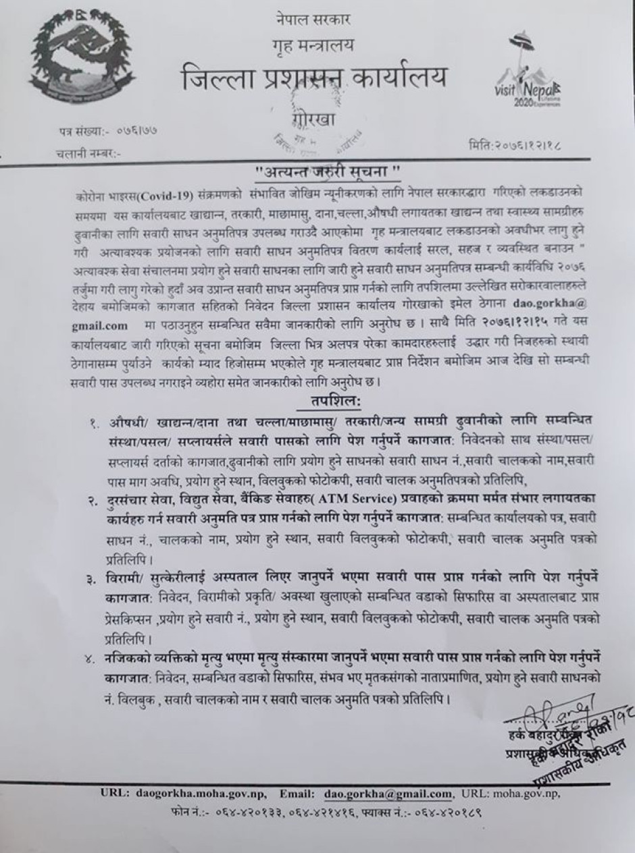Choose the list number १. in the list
click(92, 422)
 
